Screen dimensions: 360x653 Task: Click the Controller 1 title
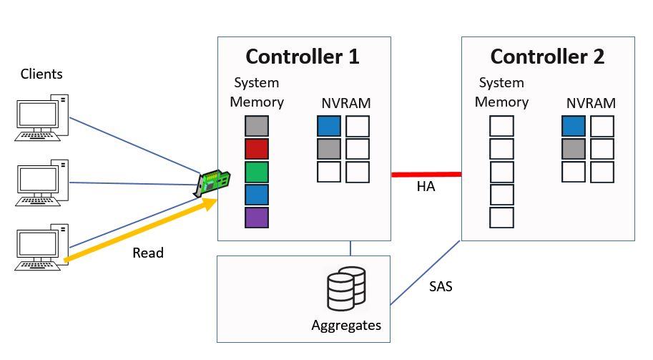point(303,57)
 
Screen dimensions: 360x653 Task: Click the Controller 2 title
point(547,57)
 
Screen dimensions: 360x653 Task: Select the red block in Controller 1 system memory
point(256,150)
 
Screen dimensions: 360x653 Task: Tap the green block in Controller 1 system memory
point(256,172)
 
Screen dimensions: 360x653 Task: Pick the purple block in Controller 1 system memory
point(256,218)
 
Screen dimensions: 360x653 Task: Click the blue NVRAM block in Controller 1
point(329,127)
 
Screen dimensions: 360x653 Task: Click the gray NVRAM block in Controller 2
point(574,150)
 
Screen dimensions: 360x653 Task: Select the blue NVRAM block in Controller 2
point(574,127)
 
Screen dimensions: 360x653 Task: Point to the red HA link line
point(426,174)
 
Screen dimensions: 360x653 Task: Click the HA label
point(426,188)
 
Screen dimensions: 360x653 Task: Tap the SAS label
point(441,288)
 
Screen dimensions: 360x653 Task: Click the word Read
point(148,253)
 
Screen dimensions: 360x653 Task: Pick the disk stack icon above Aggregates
point(345,288)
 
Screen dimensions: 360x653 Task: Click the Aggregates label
point(346,326)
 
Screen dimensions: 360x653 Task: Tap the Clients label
point(41,74)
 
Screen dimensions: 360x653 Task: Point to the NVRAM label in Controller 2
point(591,103)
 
